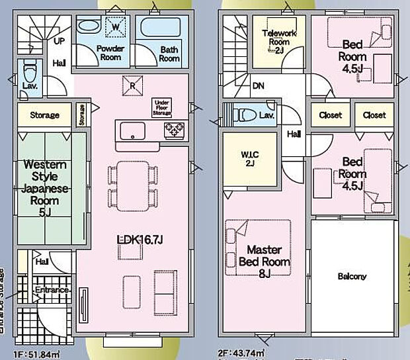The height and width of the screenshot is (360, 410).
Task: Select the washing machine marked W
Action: coord(116,26)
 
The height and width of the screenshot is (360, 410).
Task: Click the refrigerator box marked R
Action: coord(133,85)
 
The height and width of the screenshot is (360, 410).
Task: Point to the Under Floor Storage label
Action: coord(163,107)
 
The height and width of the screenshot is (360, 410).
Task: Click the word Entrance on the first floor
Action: coord(52,290)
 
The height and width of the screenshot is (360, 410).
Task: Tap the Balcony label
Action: coord(352,276)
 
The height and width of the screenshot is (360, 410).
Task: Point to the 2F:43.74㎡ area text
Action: coord(242,354)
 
